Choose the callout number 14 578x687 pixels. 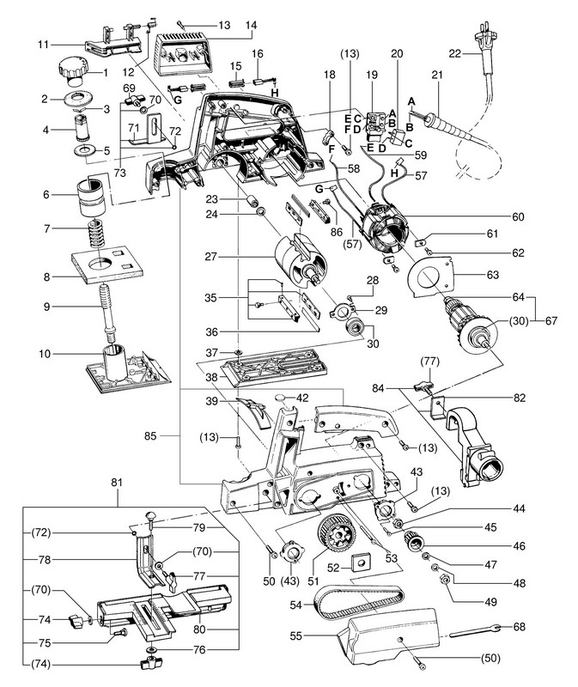(227, 26)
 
